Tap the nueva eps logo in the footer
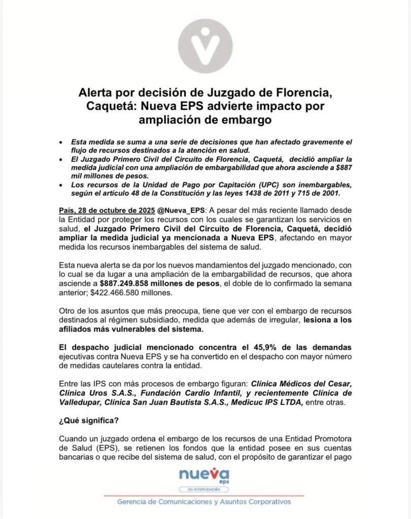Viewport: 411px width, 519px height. pyautogui.click(x=205, y=475)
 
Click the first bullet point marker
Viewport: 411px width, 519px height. pyautogui.click(x=61, y=142)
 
